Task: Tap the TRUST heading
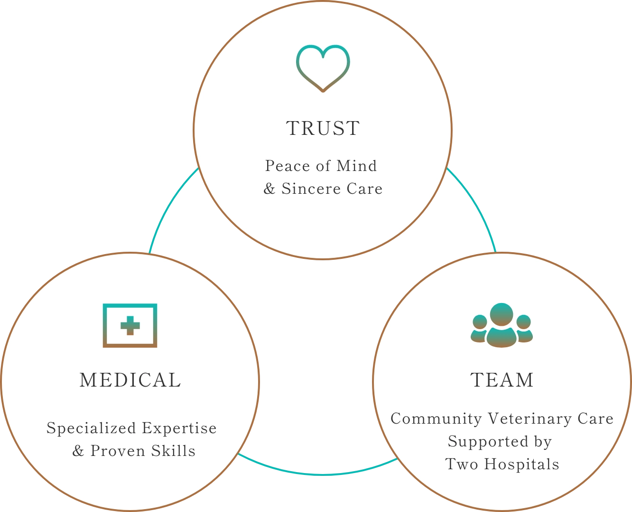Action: point(323,129)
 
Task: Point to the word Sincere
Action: point(311,189)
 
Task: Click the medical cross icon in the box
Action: point(130,326)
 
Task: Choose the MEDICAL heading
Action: point(130,380)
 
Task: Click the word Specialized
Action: point(91,428)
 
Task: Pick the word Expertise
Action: point(179,428)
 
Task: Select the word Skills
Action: point(174,451)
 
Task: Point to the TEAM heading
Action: point(502,380)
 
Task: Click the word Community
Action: point(436,419)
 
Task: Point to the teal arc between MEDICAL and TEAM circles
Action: point(318,473)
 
